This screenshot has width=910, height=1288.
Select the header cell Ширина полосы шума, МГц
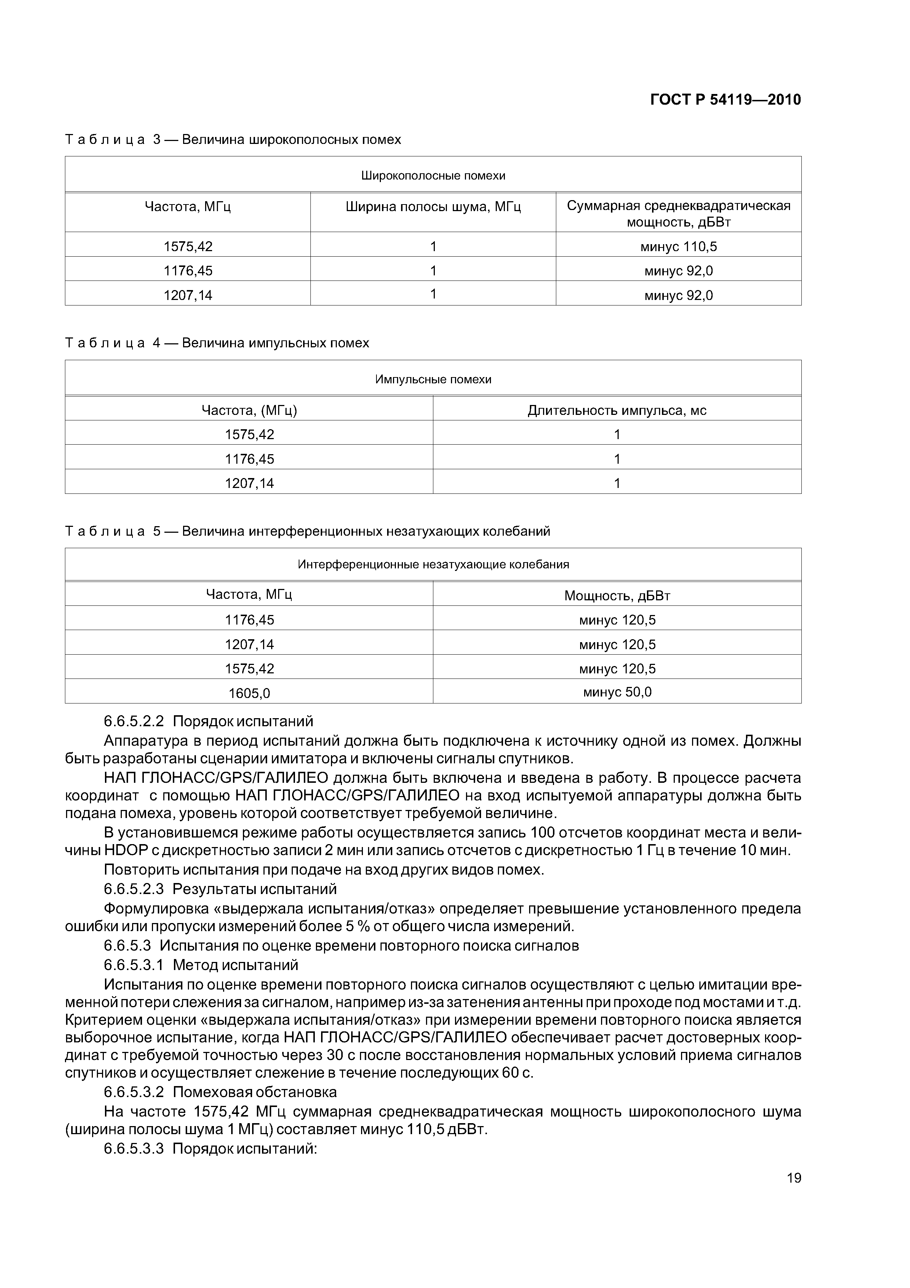pyautogui.click(x=433, y=207)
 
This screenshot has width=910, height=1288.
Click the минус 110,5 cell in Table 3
pyautogui.click(x=678, y=246)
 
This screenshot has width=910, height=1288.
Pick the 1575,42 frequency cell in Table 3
pyautogui.click(x=188, y=246)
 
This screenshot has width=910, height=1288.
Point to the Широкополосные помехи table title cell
pyautogui.click(x=433, y=176)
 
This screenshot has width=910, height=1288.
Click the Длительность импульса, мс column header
pyautogui.click(x=617, y=410)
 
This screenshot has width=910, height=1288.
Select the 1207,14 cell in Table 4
pyautogui.click(x=250, y=483)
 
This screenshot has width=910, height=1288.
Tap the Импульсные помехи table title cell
pyautogui.click(x=433, y=379)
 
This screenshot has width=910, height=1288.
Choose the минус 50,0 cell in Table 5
pyautogui.click(x=617, y=692)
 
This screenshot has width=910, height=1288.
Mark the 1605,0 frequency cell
pyautogui.click(x=250, y=693)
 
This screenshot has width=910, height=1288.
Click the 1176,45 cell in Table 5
pyautogui.click(x=250, y=620)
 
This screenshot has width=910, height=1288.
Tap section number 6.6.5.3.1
pyautogui.click(x=134, y=965)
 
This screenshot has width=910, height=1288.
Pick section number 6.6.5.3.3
pyautogui.click(x=134, y=1148)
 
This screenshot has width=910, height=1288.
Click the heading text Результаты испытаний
pyautogui.click(x=255, y=889)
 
